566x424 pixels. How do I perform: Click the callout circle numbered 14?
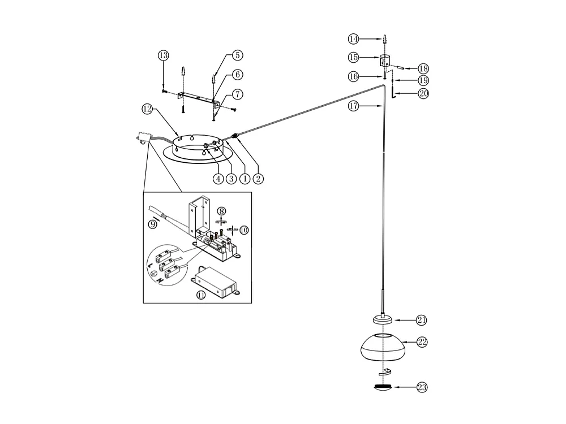pyautogui.click(x=354, y=39)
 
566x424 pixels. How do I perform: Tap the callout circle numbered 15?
pyautogui.click(x=354, y=58)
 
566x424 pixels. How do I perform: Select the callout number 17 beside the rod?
pyautogui.click(x=354, y=106)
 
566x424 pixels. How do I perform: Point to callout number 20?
pyautogui.click(x=423, y=94)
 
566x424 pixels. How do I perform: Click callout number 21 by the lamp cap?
pyautogui.click(x=421, y=321)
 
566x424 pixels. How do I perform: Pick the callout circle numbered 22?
pyautogui.click(x=422, y=342)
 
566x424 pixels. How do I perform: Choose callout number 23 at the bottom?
pyautogui.click(x=422, y=388)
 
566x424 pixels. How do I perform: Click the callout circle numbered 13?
pyautogui.click(x=163, y=55)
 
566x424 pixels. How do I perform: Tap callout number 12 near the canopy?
pyautogui.click(x=147, y=109)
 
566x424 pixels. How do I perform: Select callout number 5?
pyautogui.click(x=237, y=55)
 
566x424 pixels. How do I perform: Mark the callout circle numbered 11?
pyautogui.click(x=201, y=295)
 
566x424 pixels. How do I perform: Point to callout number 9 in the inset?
pyautogui.click(x=152, y=224)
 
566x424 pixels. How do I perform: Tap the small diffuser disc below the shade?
pyautogui.click(x=384, y=388)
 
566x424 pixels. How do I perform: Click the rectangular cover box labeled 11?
pyautogui.click(x=217, y=281)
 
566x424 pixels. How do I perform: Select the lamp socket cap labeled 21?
pyautogui.click(x=384, y=321)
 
